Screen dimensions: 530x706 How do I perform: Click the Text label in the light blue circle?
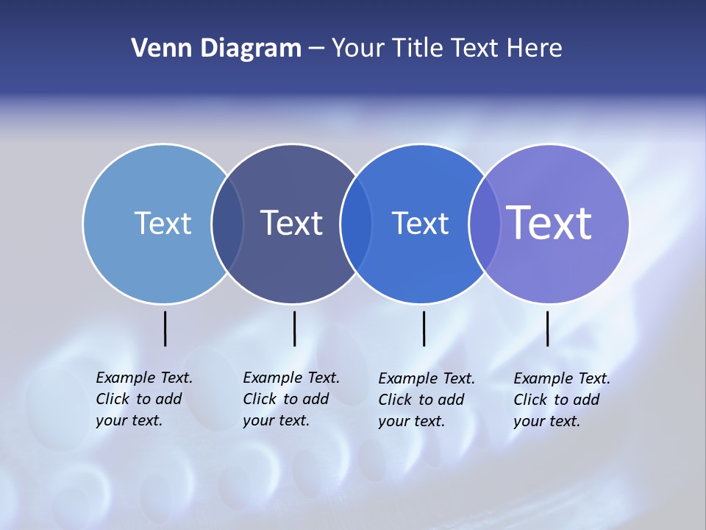(x=163, y=223)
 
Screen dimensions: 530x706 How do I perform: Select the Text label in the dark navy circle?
(x=292, y=223)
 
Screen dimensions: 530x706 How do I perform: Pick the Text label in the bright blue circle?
(x=421, y=223)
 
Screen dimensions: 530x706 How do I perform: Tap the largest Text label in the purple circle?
(x=549, y=223)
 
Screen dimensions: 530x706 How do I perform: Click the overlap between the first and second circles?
(x=228, y=224)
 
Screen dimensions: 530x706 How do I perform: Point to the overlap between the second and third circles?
(x=357, y=224)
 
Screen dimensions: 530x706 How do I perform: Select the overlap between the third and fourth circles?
(x=485, y=224)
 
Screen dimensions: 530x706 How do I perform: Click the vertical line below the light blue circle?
(x=165, y=328)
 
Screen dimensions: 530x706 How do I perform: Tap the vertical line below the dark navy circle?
(x=294, y=328)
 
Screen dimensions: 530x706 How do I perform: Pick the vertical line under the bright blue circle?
(x=424, y=328)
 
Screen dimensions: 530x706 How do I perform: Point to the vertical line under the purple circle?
(x=547, y=328)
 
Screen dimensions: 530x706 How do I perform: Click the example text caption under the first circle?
(x=143, y=399)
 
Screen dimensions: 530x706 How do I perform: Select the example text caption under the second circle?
(x=290, y=399)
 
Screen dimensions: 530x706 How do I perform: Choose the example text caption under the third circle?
(x=426, y=400)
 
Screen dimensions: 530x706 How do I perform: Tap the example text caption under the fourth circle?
(x=561, y=400)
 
